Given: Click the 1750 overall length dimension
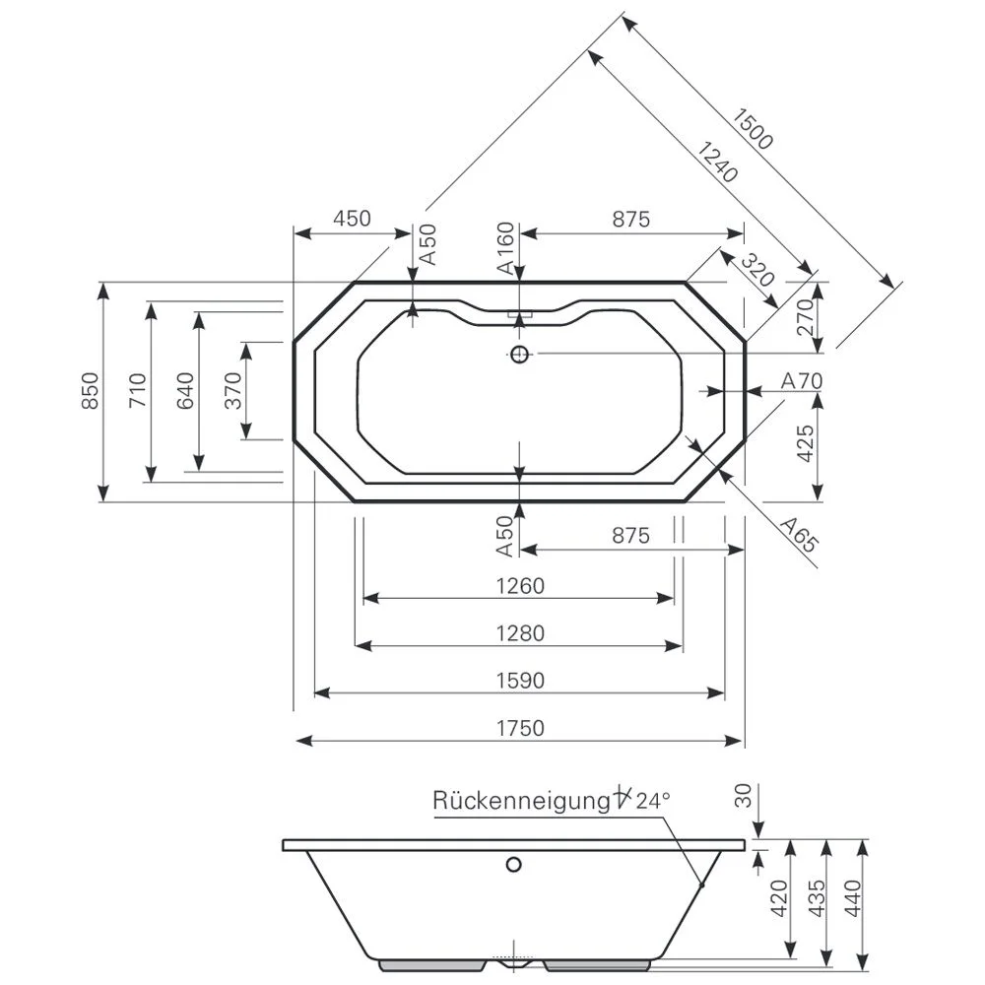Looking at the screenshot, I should coord(519,728).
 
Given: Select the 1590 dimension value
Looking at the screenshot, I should coord(519,681).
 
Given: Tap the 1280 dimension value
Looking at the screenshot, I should coord(519,633).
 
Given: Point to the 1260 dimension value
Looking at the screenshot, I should coord(519,586).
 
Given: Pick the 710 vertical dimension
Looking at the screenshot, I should coord(137,391).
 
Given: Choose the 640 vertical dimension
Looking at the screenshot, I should coord(185,391).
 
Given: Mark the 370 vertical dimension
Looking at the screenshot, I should coord(232,391).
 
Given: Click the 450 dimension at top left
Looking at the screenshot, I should coord(352,219).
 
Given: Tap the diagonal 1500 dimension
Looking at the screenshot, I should coord(753,127).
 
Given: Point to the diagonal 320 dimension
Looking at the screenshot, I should coord(757,271).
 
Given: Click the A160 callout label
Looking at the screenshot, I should coord(504,247).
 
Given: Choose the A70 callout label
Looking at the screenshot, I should coord(801,380).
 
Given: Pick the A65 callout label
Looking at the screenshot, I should coord(799,533).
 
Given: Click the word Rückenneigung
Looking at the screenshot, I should coord(519,800).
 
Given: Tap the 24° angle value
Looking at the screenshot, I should coord(652,800).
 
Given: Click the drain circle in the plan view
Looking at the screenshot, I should coord(519,354).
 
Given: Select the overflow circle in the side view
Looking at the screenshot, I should coord(512,866).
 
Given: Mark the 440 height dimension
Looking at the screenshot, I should coord(853,898).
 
